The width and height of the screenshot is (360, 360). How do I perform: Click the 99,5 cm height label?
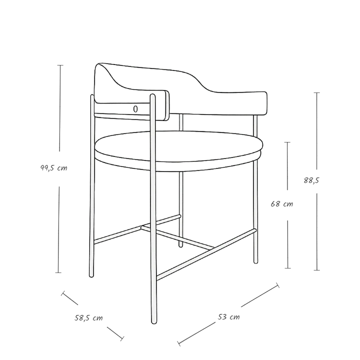[x=54, y=168]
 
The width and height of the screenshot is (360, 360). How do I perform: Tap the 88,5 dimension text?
[x=311, y=180]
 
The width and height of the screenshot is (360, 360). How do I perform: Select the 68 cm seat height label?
[x=281, y=204]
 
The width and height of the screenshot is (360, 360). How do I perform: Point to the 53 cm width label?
[x=228, y=317]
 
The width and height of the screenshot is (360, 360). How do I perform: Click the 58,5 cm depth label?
[x=88, y=318]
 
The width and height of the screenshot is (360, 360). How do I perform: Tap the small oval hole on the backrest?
[x=135, y=109]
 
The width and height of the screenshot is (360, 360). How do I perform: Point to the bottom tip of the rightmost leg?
[x=255, y=262]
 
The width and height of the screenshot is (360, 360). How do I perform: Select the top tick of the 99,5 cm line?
[x=60, y=65]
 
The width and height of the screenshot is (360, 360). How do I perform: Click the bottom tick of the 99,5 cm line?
[x=58, y=273]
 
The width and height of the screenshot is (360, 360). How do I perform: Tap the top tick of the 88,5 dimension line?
[x=317, y=93]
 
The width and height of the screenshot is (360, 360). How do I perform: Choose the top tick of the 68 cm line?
[x=287, y=142]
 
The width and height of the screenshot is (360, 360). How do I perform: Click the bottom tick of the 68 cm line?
[x=287, y=268]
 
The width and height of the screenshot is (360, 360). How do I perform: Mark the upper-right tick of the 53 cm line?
[x=278, y=285]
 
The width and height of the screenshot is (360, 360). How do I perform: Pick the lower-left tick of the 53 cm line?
[x=179, y=343]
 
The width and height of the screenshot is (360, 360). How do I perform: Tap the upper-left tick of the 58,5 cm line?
[x=62, y=293]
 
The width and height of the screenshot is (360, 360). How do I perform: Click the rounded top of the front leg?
[x=152, y=95]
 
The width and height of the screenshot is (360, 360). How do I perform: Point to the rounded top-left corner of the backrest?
[x=97, y=65]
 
